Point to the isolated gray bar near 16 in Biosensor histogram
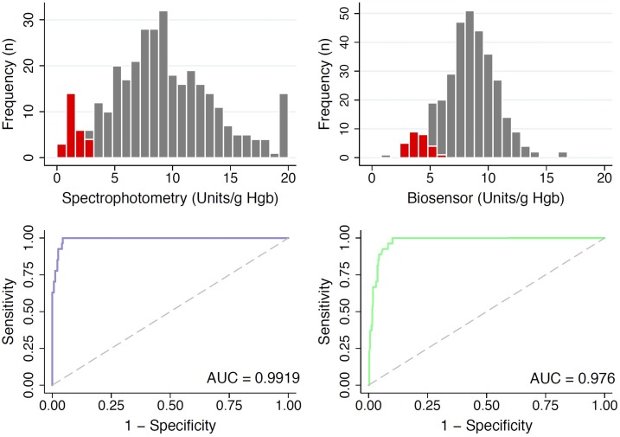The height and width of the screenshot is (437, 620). (x=563, y=155)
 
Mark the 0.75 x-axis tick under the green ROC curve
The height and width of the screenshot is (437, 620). (x=546, y=403)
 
